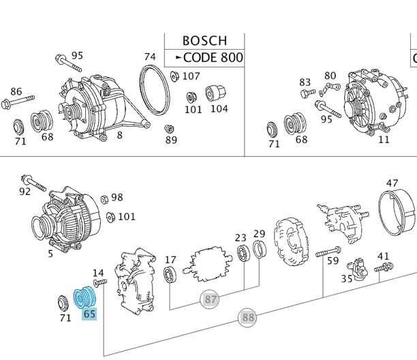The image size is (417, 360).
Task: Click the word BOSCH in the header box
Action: coord(204,41)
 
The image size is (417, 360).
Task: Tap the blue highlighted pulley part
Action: coord(87,297)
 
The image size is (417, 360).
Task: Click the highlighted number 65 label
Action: coord(89,314)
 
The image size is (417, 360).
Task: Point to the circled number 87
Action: coord(211,299)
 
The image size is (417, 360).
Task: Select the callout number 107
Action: coord(191,76)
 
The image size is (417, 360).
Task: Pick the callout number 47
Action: coord(392,183)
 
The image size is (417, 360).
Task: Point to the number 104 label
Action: coord(219,108)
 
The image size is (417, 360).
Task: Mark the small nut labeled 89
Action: coord(170,129)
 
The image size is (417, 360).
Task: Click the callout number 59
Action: coord(333,260)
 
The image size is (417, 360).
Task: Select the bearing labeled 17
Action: coord(171,275)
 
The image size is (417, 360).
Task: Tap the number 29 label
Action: coord(259,235)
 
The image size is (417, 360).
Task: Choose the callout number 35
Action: coord(347,278)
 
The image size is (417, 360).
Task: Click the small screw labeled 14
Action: coord(100,282)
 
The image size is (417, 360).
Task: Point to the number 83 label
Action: coord(305,82)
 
